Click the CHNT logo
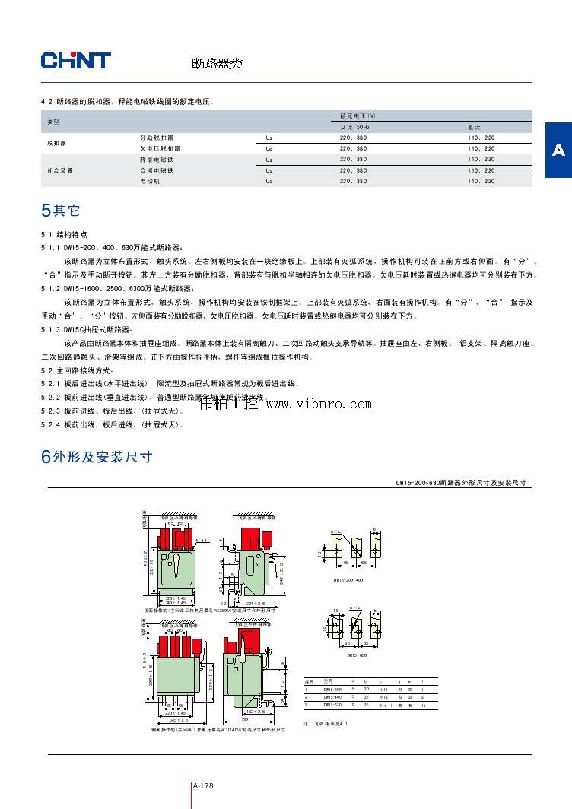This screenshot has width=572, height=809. pyautogui.click(x=75, y=61)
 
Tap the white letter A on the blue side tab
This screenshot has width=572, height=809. pyautogui.click(x=558, y=150)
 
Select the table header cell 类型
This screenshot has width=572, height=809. pyautogui.click(x=52, y=122)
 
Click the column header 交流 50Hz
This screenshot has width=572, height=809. pyautogui.click(x=354, y=127)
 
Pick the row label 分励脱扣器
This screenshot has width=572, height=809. pyautogui.click(x=156, y=138)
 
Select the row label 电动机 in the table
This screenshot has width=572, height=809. pyautogui.click(x=150, y=182)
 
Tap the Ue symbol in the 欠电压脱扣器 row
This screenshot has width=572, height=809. pyautogui.click(x=269, y=149)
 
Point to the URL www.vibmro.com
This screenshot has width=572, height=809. pyautogui.click(x=318, y=404)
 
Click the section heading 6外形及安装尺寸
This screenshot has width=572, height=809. pyautogui.click(x=97, y=457)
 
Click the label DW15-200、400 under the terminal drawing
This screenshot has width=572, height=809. pyautogui.click(x=348, y=579)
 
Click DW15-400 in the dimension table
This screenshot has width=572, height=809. pyautogui.click(x=332, y=696)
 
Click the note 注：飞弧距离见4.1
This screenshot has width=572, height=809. pyautogui.click(x=326, y=724)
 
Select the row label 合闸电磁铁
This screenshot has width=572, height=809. pyautogui.click(x=156, y=170)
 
